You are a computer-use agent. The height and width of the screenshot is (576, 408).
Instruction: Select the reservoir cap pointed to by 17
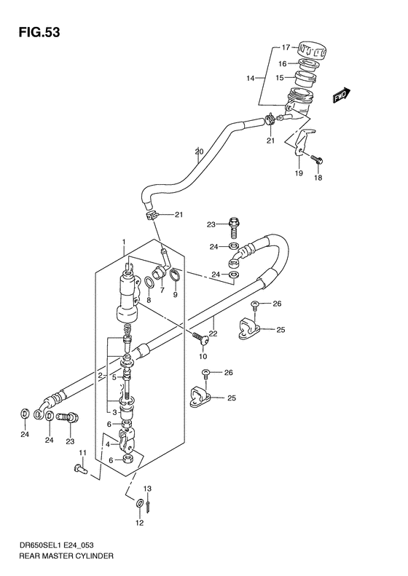312,50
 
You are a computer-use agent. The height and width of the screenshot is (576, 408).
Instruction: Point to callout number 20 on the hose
198,152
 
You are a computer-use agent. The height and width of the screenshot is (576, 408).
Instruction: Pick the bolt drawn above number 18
317,157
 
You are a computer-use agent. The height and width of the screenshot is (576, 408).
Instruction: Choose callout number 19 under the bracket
299,174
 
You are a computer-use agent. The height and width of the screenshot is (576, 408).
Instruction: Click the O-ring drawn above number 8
149,283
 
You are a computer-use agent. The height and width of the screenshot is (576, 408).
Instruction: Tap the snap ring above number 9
175,275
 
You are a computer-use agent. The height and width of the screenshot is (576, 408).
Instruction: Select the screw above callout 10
197,336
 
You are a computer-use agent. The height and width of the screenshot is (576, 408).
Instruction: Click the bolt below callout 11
81,470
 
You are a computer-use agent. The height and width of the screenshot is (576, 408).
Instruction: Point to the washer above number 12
139,504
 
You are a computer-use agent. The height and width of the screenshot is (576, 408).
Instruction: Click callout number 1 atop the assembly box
125,242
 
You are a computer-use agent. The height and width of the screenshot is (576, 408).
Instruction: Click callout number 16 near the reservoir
281,63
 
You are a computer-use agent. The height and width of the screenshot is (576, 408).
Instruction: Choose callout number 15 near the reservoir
281,76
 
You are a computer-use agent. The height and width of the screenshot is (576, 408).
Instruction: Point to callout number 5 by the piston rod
113,377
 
